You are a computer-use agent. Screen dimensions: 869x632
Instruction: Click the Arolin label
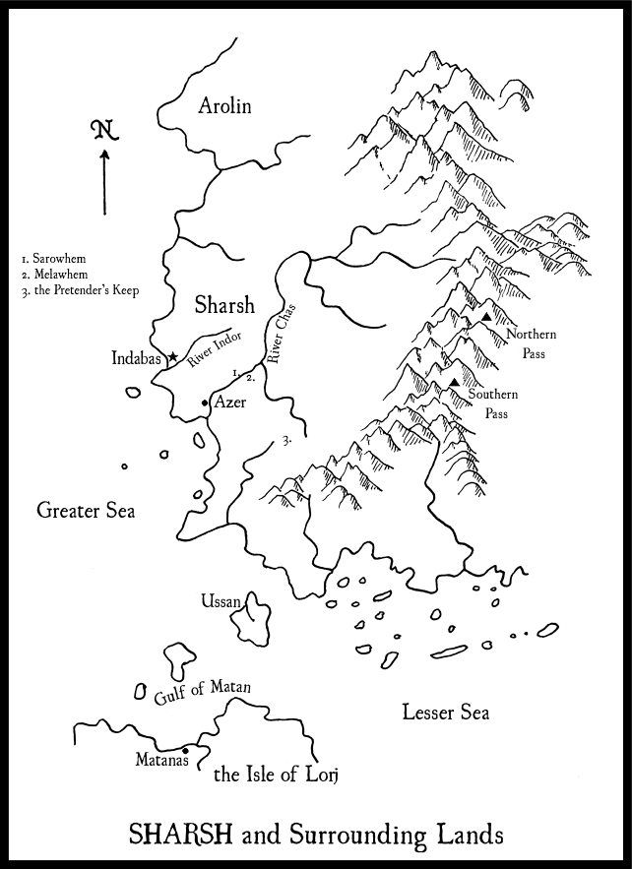coord(224,105)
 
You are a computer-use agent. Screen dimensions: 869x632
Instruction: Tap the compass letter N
coord(101,130)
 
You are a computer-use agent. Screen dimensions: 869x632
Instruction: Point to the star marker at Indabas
coord(173,356)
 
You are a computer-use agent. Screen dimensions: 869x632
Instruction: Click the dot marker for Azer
coord(205,403)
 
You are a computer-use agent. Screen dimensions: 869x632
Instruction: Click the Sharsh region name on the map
coord(224,304)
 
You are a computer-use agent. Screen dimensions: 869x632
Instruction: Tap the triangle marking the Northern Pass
coord(486,318)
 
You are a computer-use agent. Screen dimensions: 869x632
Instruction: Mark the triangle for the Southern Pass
coord(453,382)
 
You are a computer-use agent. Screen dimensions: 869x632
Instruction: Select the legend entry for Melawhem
coord(53,274)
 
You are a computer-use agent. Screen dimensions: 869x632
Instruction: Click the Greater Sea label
coord(85,510)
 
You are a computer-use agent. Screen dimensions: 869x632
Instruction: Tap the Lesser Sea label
coord(446,713)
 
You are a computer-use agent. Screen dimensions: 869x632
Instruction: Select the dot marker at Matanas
coord(185,751)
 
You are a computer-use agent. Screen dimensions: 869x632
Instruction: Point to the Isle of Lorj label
coord(276,776)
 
